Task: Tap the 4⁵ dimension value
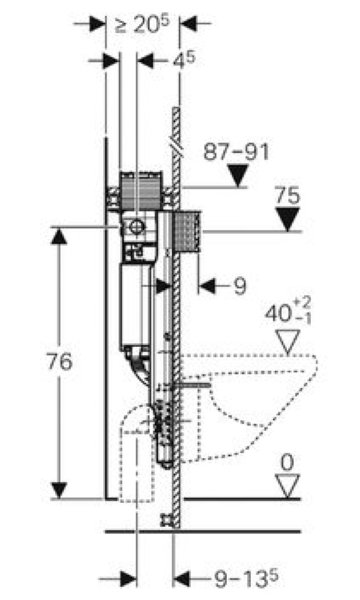pyautogui.click(x=184, y=60)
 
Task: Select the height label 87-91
pyautogui.click(x=236, y=152)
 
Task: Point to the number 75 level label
pyautogui.click(x=288, y=196)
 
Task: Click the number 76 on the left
pyautogui.click(x=60, y=361)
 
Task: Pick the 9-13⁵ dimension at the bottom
pyautogui.click(x=246, y=578)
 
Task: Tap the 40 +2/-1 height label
pyautogui.click(x=288, y=311)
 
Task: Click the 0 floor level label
pyautogui.click(x=287, y=462)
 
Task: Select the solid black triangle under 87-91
pyautogui.click(x=238, y=176)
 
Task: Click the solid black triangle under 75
pyautogui.click(x=288, y=219)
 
